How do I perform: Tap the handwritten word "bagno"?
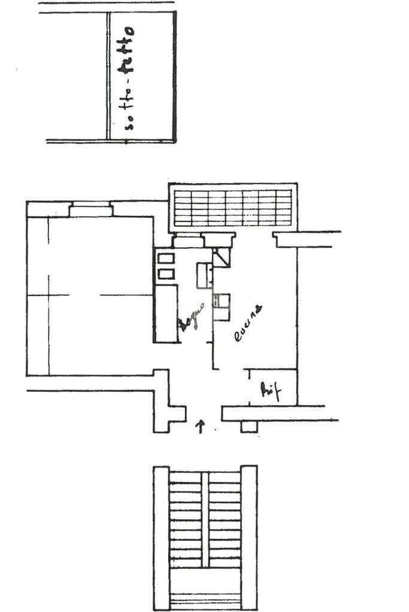point(193,317)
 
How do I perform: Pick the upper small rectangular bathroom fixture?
point(166,258)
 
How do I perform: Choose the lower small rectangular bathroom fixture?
point(166,274)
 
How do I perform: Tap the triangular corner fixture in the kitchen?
point(222,258)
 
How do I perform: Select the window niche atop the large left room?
point(90,210)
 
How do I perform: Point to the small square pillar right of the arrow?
point(248,427)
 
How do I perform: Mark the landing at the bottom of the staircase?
point(205,589)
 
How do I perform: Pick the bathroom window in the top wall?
point(188,242)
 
